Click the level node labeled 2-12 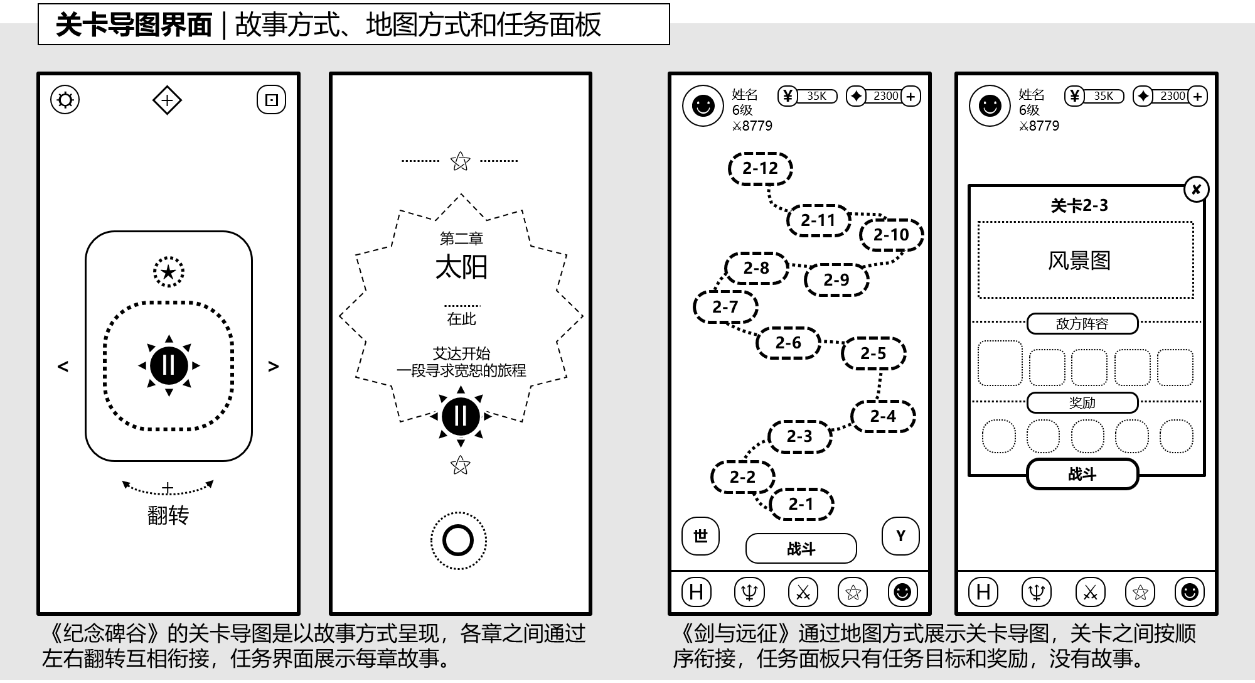pyautogui.click(x=760, y=168)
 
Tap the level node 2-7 pyautogui.click(x=725, y=307)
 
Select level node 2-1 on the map pyautogui.click(x=801, y=504)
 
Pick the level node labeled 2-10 pyautogui.click(x=891, y=235)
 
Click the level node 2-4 pyautogui.click(x=883, y=416)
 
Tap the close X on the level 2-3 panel pyautogui.click(x=1196, y=190)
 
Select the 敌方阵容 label pyautogui.click(x=1082, y=324)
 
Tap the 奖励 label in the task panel pyautogui.click(x=1082, y=403)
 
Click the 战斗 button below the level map pyautogui.click(x=801, y=549)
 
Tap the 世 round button pyautogui.click(x=700, y=536)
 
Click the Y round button pyautogui.click(x=900, y=536)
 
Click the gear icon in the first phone pyautogui.click(x=65, y=100)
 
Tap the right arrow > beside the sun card pyautogui.click(x=274, y=366)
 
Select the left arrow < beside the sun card pyautogui.click(x=63, y=366)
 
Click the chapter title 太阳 pyautogui.click(x=461, y=267)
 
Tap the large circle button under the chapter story pyautogui.click(x=458, y=540)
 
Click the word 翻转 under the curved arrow pyautogui.click(x=168, y=515)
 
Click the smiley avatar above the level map pyautogui.click(x=703, y=105)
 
